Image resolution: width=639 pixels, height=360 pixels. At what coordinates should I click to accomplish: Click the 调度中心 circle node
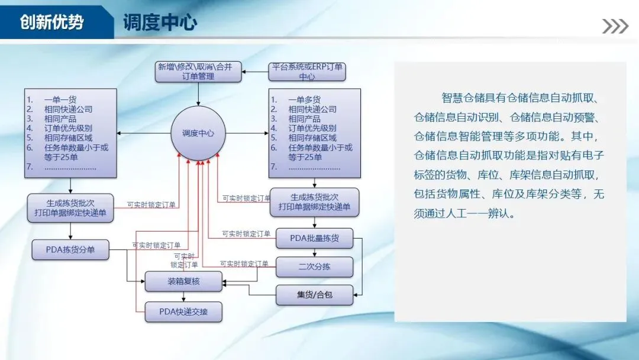(198, 133)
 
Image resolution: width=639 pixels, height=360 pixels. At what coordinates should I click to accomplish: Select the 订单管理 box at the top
(198, 72)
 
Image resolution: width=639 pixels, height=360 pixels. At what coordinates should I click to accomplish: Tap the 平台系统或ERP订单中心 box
(306, 72)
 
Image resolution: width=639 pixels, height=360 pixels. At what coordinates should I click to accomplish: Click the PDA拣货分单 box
(70, 250)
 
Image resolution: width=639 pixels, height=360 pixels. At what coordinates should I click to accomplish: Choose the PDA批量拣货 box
(314, 239)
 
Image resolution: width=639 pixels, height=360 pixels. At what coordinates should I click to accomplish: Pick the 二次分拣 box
(314, 267)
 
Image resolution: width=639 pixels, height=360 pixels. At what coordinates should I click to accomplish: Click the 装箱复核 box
(183, 282)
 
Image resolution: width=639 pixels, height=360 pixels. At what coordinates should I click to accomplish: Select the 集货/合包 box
(314, 295)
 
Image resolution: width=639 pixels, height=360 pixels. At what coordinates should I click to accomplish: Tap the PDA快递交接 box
(183, 311)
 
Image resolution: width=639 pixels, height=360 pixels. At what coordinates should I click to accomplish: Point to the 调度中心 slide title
(160, 23)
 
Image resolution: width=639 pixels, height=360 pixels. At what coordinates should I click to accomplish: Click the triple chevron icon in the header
(615, 26)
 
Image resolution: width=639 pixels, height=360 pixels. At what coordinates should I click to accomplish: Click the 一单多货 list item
(305, 100)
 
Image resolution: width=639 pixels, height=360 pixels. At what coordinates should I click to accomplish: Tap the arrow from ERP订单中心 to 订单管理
(256, 72)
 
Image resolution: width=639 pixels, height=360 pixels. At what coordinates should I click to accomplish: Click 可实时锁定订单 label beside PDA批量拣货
(246, 234)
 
